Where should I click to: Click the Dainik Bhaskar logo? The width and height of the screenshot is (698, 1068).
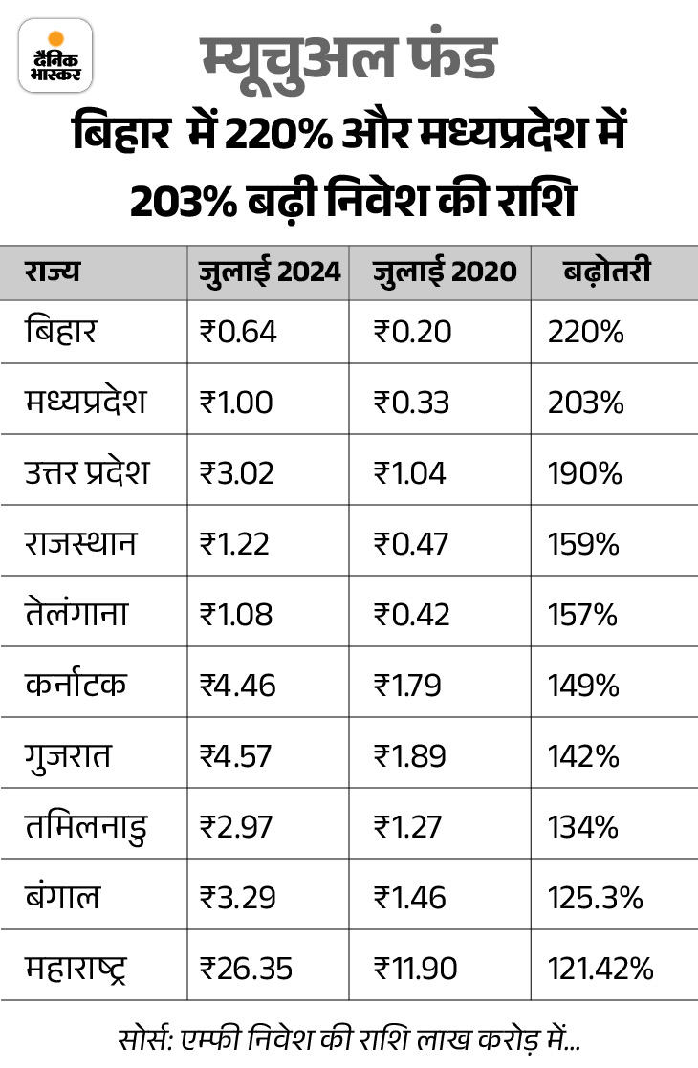pos(55,55)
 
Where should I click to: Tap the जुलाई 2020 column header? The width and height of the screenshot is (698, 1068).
pos(445,272)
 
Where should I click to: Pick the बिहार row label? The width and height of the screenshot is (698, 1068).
pos(62,331)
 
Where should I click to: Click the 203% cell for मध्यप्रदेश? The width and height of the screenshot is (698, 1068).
pos(585,403)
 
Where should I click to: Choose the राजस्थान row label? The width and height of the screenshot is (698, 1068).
pos(81,544)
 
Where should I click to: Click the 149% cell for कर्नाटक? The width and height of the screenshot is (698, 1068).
pos(583,686)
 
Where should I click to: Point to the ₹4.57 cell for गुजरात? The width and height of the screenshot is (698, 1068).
pos(237,756)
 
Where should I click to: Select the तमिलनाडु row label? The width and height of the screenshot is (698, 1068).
pos(87,827)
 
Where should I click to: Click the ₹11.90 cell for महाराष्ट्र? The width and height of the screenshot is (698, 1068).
pos(416,969)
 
